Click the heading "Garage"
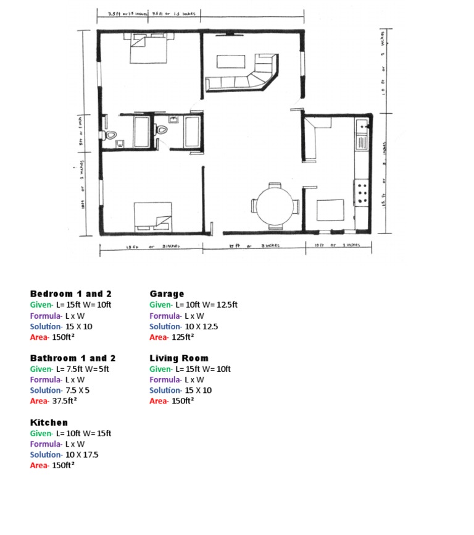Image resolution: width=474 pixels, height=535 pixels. click(x=167, y=294)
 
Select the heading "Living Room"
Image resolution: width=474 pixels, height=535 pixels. click(x=178, y=358)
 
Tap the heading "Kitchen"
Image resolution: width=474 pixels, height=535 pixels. click(x=49, y=423)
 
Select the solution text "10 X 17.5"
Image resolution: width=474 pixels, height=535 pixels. click(x=81, y=455)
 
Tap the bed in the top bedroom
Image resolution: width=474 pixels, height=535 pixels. click(x=149, y=48)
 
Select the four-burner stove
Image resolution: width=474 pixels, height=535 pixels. click(x=362, y=192)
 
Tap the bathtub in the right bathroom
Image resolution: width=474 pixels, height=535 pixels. click(x=192, y=131)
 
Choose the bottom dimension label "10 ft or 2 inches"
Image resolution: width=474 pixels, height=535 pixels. click(x=338, y=246)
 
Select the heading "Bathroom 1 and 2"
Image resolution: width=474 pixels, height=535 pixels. click(x=73, y=358)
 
